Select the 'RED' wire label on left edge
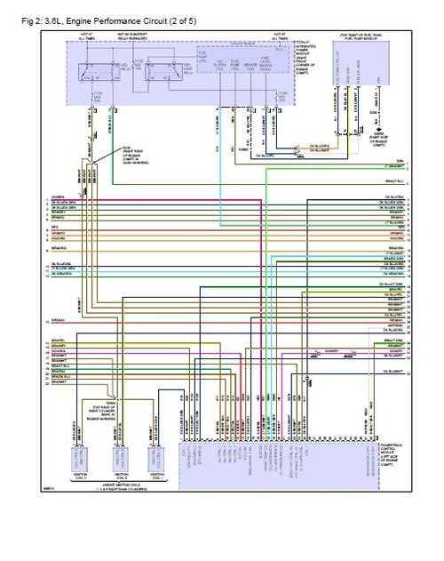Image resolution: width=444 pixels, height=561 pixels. pos(55,228)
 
